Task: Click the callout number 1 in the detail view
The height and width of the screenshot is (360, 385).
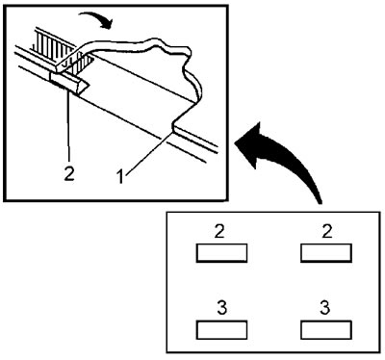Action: coord(120,177)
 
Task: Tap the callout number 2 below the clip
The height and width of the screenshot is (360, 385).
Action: coord(69,173)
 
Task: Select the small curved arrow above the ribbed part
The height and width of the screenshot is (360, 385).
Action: coord(95,19)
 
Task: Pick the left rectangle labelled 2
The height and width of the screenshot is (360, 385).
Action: coord(221,253)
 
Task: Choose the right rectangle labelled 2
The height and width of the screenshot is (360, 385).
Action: coord(326,253)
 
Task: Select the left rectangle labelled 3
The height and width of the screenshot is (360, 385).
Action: coord(221,330)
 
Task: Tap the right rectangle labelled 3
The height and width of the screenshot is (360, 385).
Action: coord(326,330)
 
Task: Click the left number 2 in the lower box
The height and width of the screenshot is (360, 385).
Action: coord(219,231)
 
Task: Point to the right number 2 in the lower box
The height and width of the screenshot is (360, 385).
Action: coord(327,231)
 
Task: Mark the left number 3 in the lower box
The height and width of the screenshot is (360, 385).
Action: coord(222,308)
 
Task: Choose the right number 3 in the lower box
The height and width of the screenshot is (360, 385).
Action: coord(325,308)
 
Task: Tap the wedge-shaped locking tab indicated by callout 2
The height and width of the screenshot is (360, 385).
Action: coord(68,82)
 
